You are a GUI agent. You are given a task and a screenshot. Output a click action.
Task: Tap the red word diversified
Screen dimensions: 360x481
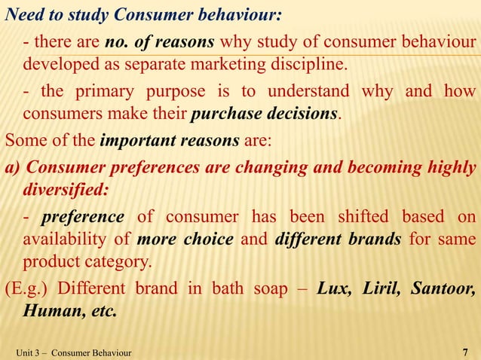coord(66,190)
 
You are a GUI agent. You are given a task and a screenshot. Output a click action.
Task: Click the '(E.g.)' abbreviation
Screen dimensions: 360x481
coord(27,289)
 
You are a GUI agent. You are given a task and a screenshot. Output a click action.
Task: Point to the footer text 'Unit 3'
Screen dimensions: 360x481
coord(27,352)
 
